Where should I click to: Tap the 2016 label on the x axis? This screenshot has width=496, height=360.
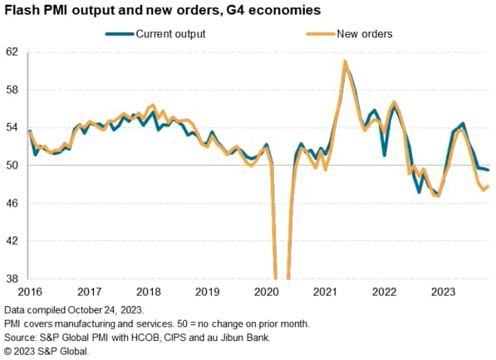[30, 293]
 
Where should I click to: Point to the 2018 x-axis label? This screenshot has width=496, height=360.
[148, 293]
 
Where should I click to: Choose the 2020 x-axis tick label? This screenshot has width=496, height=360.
[266, 293]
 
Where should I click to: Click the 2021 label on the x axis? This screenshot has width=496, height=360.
[325, 293]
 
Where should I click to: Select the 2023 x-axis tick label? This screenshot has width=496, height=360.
[443, 293]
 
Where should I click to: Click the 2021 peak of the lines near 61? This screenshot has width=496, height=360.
[345, 62]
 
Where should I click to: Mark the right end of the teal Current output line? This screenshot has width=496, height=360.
[488, 170]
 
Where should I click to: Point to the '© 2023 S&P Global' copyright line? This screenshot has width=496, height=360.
[46, 352]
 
